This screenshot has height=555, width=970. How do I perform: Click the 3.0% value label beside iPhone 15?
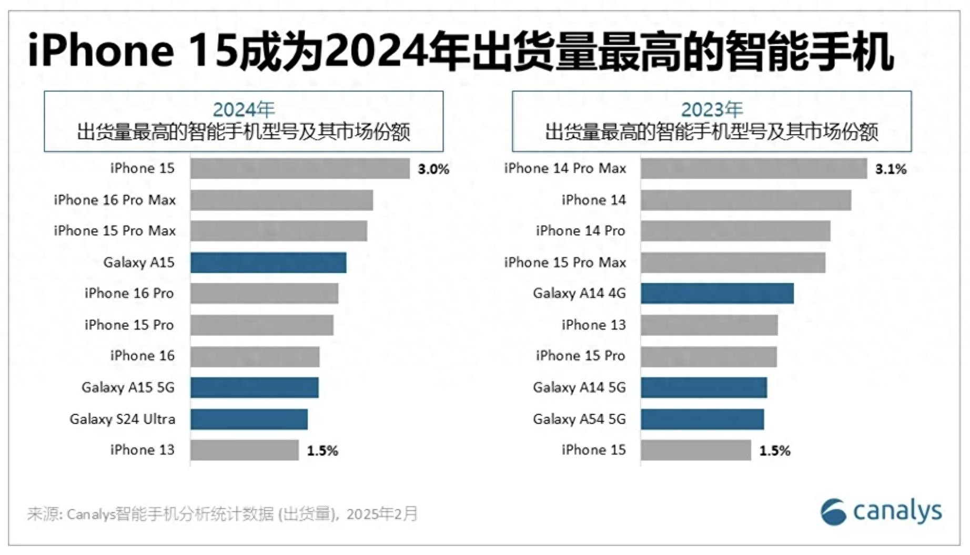click(433, 169)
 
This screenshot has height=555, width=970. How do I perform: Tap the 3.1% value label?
click(891, 169)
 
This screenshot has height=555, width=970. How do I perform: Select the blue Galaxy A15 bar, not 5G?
click(268, 262)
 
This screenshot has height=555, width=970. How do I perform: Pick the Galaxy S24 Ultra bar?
click(249, 419)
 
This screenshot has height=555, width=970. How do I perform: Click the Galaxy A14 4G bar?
click(717, 293)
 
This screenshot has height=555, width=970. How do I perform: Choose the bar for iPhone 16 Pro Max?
click(281, 200)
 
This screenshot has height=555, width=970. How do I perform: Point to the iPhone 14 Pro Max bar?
click(753, 169)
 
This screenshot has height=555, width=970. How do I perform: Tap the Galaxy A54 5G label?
click(579, 419)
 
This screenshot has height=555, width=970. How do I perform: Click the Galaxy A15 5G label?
click(128, 387)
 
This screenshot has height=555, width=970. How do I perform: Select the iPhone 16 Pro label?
click(129, 293)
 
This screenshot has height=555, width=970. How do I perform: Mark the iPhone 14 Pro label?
click(580, 231)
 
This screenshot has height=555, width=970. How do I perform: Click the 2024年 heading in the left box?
click(244, 110)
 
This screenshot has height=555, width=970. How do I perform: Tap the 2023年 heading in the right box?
click(712, 110)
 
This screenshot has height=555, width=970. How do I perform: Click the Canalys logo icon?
click(833, 511)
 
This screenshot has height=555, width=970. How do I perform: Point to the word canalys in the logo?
click(897, 511)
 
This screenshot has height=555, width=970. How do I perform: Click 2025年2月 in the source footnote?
click(382, 513)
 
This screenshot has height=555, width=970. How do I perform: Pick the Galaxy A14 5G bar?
click(703, 387)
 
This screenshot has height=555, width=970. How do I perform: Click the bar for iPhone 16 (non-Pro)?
click(255, 356)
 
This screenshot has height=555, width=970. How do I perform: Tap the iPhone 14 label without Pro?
click(593, 200)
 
